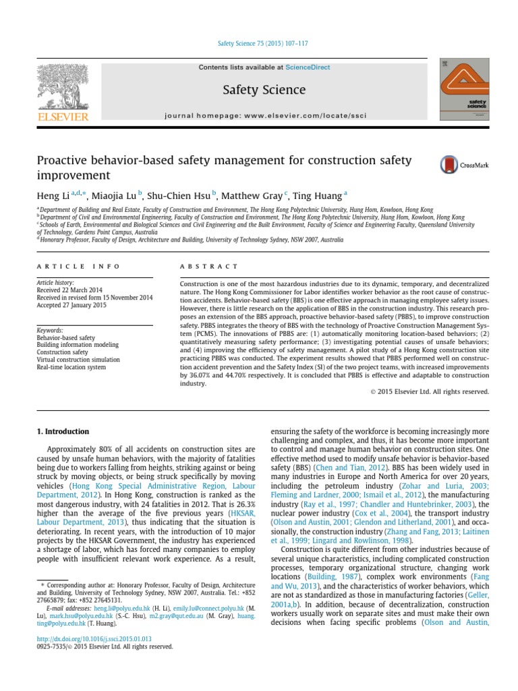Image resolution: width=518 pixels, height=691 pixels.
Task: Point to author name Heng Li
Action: (51, 195)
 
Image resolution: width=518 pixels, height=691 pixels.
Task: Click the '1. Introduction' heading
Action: (63, 431)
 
